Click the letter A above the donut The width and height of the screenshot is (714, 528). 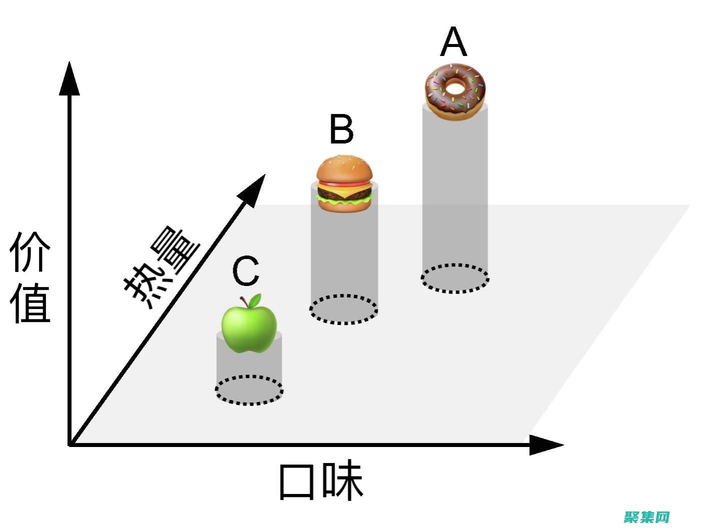tap(453, 42)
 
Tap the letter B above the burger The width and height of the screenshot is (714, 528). tap(342, 128)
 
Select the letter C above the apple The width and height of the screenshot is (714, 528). tap(246, 270)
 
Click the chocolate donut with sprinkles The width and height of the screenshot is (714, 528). tap(455, 92)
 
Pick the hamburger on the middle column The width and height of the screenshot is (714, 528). tap(344, 183)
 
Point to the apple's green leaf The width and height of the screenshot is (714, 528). tap(255, 300)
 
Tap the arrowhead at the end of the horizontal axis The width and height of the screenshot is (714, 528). tap(546, 445)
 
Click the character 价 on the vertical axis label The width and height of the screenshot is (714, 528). tap(30, 251)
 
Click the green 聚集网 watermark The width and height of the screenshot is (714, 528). tap(646, 517)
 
